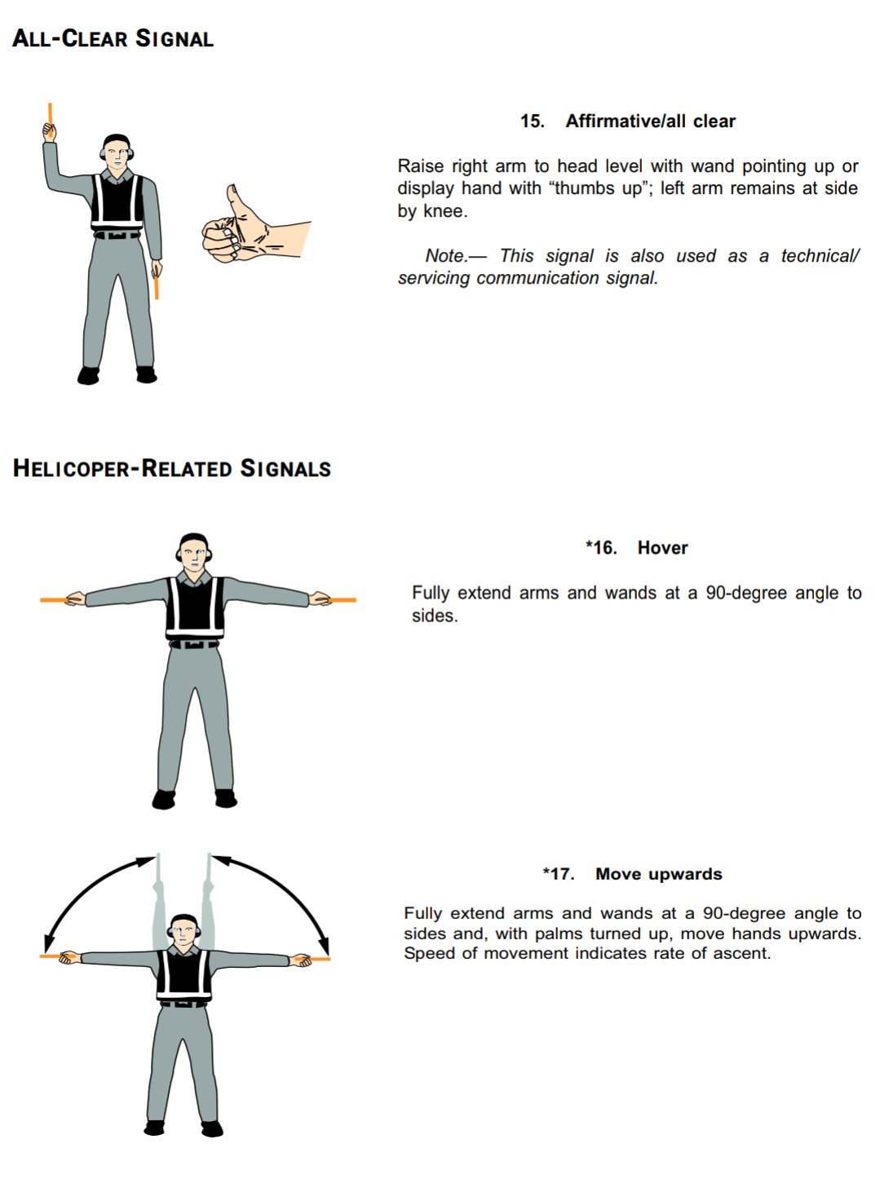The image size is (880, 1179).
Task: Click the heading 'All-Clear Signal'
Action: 113,38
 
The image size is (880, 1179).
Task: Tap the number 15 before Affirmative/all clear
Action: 532,121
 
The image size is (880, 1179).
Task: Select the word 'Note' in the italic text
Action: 444,256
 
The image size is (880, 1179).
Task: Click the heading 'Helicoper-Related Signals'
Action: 172,469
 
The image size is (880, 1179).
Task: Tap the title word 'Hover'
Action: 662,548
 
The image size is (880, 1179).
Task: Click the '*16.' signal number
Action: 601,548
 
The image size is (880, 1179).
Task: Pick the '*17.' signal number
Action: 559,874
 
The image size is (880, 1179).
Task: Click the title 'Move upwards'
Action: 658,874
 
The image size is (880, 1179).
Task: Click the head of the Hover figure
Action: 194,554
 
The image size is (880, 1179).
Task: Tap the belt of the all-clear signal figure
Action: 116,236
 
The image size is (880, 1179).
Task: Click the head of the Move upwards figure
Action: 184,933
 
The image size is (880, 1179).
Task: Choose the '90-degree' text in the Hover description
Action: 747,593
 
